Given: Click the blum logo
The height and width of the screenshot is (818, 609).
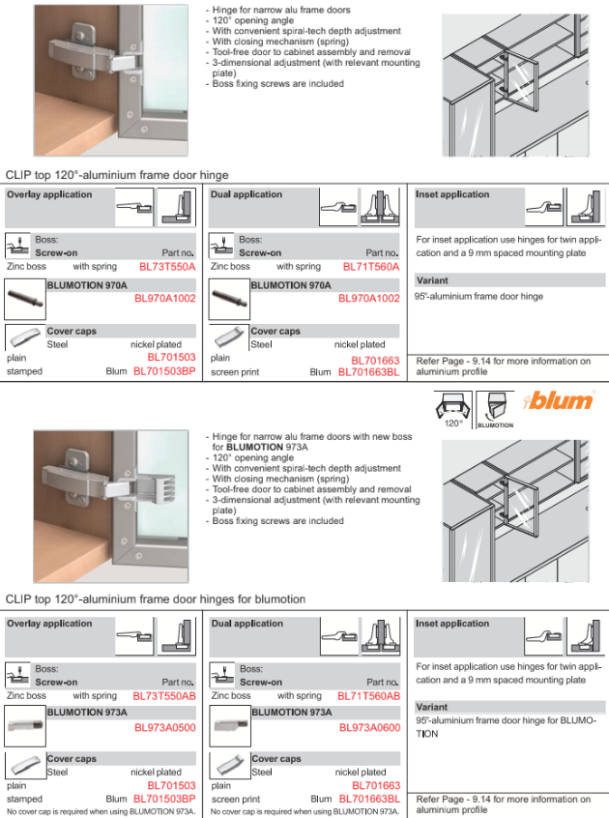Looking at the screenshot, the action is click(558, 400).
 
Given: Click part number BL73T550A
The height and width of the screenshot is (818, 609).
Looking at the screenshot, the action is click(167, 267).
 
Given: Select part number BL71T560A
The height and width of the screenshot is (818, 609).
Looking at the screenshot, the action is click(371, 267).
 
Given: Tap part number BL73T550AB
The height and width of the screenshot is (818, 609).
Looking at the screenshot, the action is click(164, 696).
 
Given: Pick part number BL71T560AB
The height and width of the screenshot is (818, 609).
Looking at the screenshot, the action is click(369, 696).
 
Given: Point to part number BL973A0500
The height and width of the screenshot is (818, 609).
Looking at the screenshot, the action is click(165, 728).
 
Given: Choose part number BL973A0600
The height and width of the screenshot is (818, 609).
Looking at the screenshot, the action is click(370, 728).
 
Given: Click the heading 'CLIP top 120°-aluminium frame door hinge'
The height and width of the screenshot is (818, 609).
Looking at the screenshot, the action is click(117, 175).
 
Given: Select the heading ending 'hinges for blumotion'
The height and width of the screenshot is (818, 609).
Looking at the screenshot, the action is click(156, 599).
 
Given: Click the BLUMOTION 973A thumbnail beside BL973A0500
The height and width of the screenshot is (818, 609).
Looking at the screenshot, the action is click(25, 726).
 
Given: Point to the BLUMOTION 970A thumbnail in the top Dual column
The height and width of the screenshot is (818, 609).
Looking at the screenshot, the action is click(229, 299).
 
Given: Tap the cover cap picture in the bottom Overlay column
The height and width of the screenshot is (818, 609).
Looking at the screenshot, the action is click(24, 766).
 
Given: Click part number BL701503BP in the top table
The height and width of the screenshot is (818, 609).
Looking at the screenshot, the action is click(164, 371).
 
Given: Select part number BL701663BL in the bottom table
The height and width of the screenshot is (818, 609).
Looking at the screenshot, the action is click(369, 799).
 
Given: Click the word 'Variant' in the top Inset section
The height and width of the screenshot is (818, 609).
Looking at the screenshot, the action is click(432, 280).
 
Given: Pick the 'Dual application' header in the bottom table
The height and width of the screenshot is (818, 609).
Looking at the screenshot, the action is click(247, 624).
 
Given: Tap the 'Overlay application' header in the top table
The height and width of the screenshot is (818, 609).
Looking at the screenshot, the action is click(49, 194).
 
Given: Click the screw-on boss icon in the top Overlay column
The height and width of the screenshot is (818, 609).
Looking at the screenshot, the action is click(17, 246).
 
